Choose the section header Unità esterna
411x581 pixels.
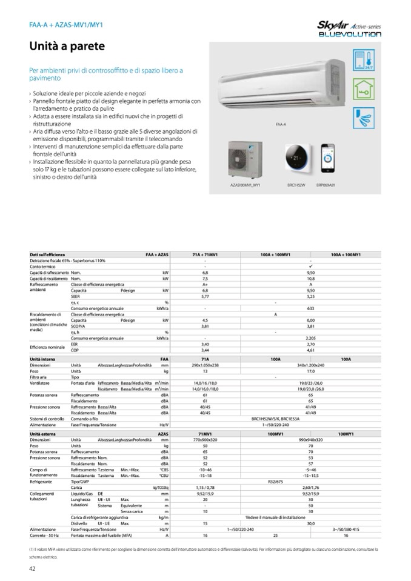pos(43,434)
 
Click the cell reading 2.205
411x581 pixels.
pos(310,337)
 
